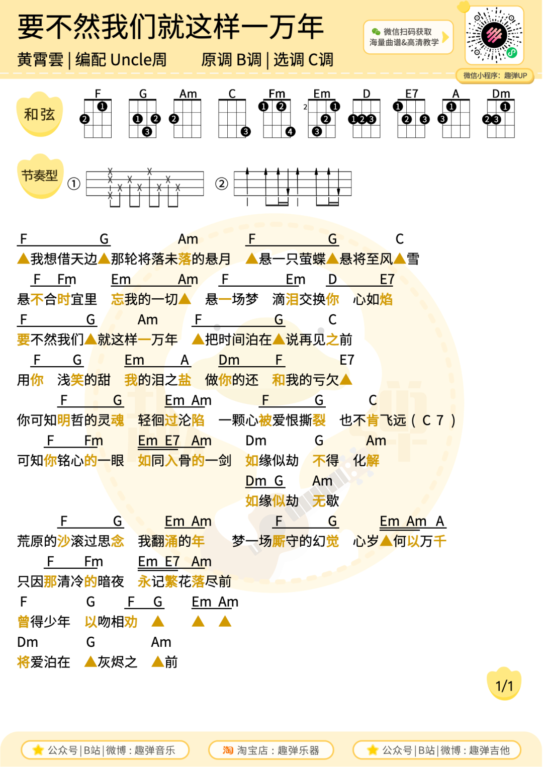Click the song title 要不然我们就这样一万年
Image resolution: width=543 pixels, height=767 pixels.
coord(170,27)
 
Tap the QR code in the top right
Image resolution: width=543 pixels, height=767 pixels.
coord(494,35)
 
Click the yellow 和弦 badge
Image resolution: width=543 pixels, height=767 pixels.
coord(40,114)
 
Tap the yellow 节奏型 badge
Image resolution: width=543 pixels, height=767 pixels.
coord(40,176)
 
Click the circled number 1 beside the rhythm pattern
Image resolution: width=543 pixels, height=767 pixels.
coord(74,184)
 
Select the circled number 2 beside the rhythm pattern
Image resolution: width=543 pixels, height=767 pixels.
coord(221,184)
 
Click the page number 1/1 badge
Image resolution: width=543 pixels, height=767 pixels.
coord(504,686)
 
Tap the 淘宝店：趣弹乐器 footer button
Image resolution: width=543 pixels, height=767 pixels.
coord(271,750)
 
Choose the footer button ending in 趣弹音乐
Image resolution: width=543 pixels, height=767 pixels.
coord(105,750)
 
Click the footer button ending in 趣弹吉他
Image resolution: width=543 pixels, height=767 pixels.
coord(437,750)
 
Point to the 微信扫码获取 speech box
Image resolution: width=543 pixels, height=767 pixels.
coord(408,37)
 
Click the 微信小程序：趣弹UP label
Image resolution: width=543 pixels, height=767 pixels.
coord(495,75)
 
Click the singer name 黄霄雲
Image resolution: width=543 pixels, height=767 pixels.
coord(40,60)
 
